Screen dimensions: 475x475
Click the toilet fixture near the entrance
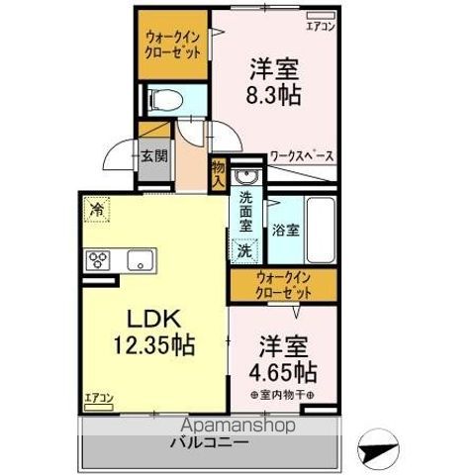tap(168, 99)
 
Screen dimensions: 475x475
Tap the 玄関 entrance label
tap(153, 155)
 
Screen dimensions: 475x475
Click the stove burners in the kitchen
tap(100, 260)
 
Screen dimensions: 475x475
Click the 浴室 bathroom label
tap(287, 227)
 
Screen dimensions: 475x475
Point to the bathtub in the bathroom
tap(320, 228)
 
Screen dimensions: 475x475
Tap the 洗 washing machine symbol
tap(243, 251)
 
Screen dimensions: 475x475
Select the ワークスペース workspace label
tap(303, 156)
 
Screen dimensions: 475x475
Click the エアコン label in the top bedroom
tap(319, 27)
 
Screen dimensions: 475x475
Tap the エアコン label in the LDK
tap(99, 398)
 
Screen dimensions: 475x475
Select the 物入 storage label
tap(218, 175)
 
